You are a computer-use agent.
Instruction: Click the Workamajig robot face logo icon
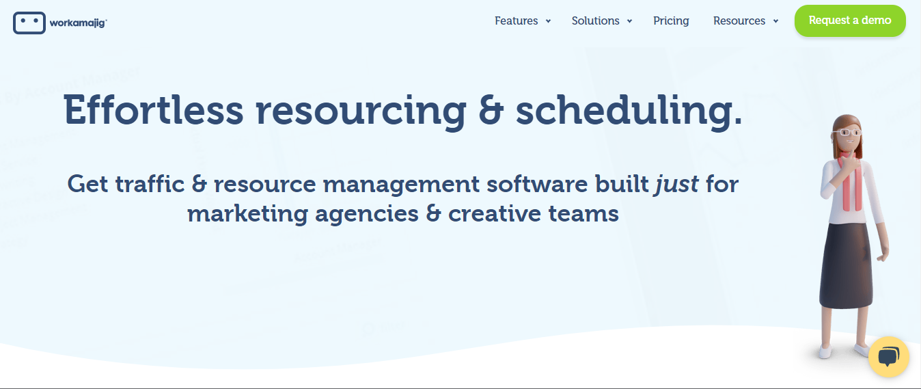click(x=29, y=23)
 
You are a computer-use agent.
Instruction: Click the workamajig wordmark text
click(x=78, y=23)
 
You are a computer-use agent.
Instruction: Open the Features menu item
click(x=516, y=21)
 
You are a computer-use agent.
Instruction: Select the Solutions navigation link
click(x=595, y=21)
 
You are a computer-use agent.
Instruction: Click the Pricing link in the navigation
click(x=671, y=21)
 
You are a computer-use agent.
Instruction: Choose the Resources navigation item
click(x=739, y=21)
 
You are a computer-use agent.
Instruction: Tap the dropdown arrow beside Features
click(x=548, y=21)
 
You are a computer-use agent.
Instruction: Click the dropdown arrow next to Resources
click(x=775, y=21)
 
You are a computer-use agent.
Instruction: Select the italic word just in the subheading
click(x=676, y=184)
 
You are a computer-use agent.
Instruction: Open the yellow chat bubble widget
click(x=888, y=356)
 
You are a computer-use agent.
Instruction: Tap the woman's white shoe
click(x=826, y=351)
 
